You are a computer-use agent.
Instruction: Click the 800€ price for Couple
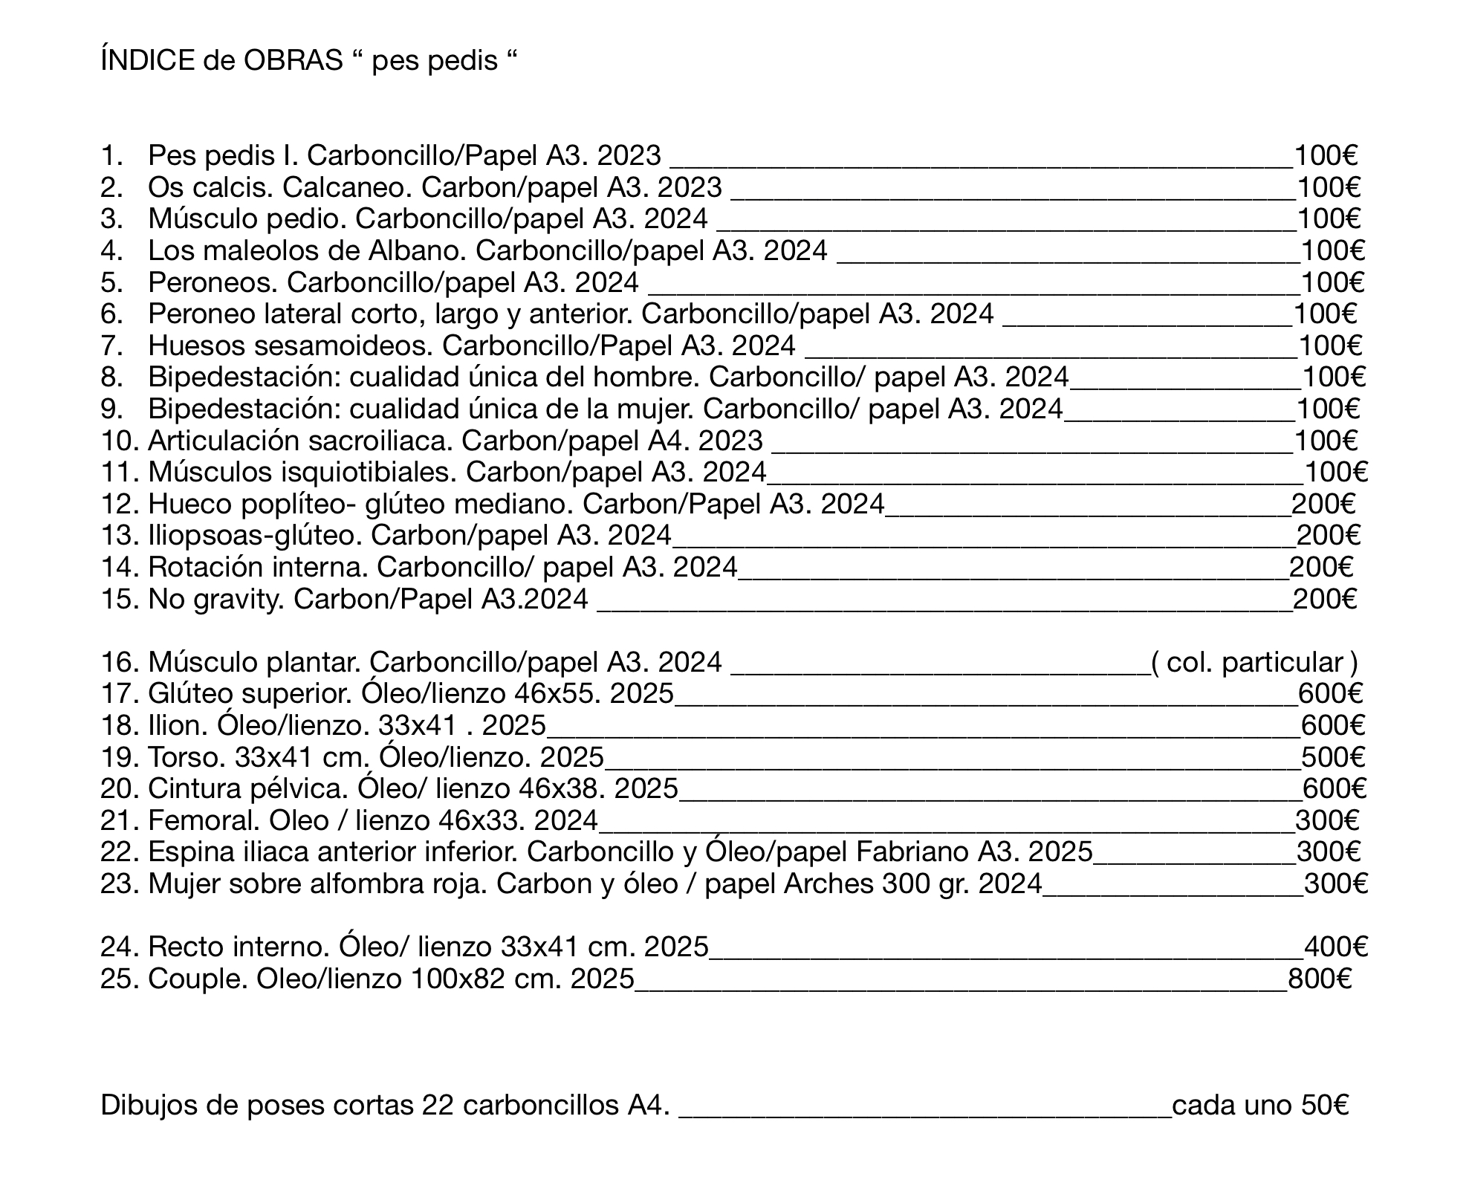click(x=1320, y=979)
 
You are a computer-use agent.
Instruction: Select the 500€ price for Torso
click(x=1333, y=756)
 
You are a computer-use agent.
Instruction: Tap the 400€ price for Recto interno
click(x=1336, y=947)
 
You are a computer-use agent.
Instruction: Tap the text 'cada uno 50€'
click(x=1260, y=1105)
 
